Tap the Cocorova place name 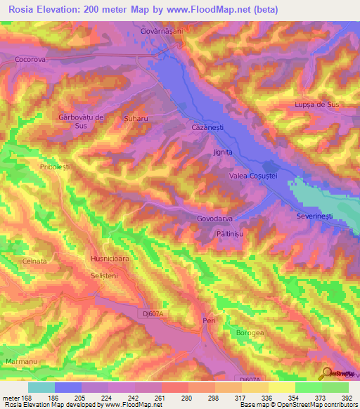coord(30,60)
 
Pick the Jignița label coord(222,152)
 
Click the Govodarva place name coord(216,218)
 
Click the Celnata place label coord(34,261)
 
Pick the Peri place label coord(207,320)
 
